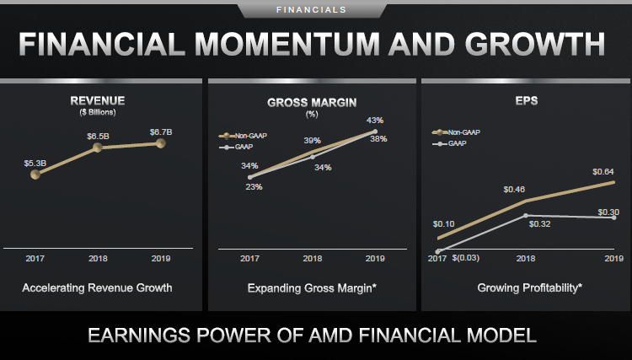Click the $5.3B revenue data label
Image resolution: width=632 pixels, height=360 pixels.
coord(35,162)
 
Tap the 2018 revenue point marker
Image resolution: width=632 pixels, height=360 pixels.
coord(98,148)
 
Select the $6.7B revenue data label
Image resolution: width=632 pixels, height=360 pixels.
coord(161,132)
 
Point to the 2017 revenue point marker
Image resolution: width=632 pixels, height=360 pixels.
coord(35,175)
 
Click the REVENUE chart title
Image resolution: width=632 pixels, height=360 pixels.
coord(98,102)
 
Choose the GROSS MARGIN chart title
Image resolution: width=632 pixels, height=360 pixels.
coord(312,102)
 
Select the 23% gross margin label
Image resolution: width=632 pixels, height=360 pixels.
coord(254,186)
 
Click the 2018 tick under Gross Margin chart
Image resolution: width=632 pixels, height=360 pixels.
coord(313,259)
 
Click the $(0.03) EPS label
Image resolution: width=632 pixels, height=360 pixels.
coord(466,257)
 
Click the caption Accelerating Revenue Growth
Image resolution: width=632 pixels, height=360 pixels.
coord(99,287)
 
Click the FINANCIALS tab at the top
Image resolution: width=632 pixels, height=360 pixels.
coord(315,10)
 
